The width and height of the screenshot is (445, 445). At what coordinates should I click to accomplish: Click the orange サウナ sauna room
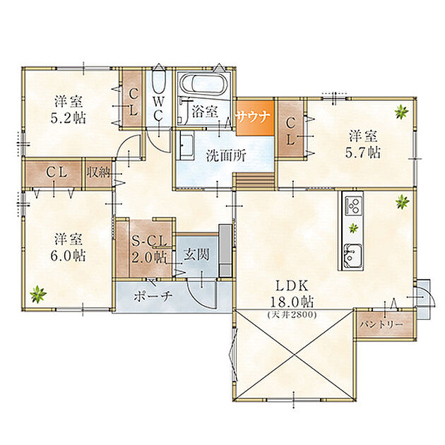point(255,117)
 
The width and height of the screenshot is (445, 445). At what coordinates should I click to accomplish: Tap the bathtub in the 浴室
point(204,84)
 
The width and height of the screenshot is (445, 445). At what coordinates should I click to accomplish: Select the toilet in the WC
point(159,82)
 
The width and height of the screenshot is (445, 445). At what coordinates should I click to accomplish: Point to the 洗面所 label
point(226,156)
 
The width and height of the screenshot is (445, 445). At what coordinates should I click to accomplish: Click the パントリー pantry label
point(381,324)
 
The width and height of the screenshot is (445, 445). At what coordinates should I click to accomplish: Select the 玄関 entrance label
point(196,254)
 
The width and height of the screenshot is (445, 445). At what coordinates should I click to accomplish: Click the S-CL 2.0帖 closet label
point(149,249)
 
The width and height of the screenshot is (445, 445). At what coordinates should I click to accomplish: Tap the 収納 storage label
point(98,172)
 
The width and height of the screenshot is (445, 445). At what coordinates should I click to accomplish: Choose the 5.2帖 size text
point(68,118)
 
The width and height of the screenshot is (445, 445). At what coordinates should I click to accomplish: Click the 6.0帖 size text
point(68,256)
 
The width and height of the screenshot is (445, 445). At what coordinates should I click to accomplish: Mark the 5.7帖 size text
point(362,153)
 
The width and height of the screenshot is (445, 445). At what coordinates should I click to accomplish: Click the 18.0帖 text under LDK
point(292,302)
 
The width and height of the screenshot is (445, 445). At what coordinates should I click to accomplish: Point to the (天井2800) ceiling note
point(292,314)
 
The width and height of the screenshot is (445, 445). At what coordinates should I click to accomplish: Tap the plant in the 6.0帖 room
point(38,294)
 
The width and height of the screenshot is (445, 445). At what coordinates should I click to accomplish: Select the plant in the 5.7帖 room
point(402,112)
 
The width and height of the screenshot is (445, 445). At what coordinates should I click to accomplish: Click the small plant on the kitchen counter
point(353,227)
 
